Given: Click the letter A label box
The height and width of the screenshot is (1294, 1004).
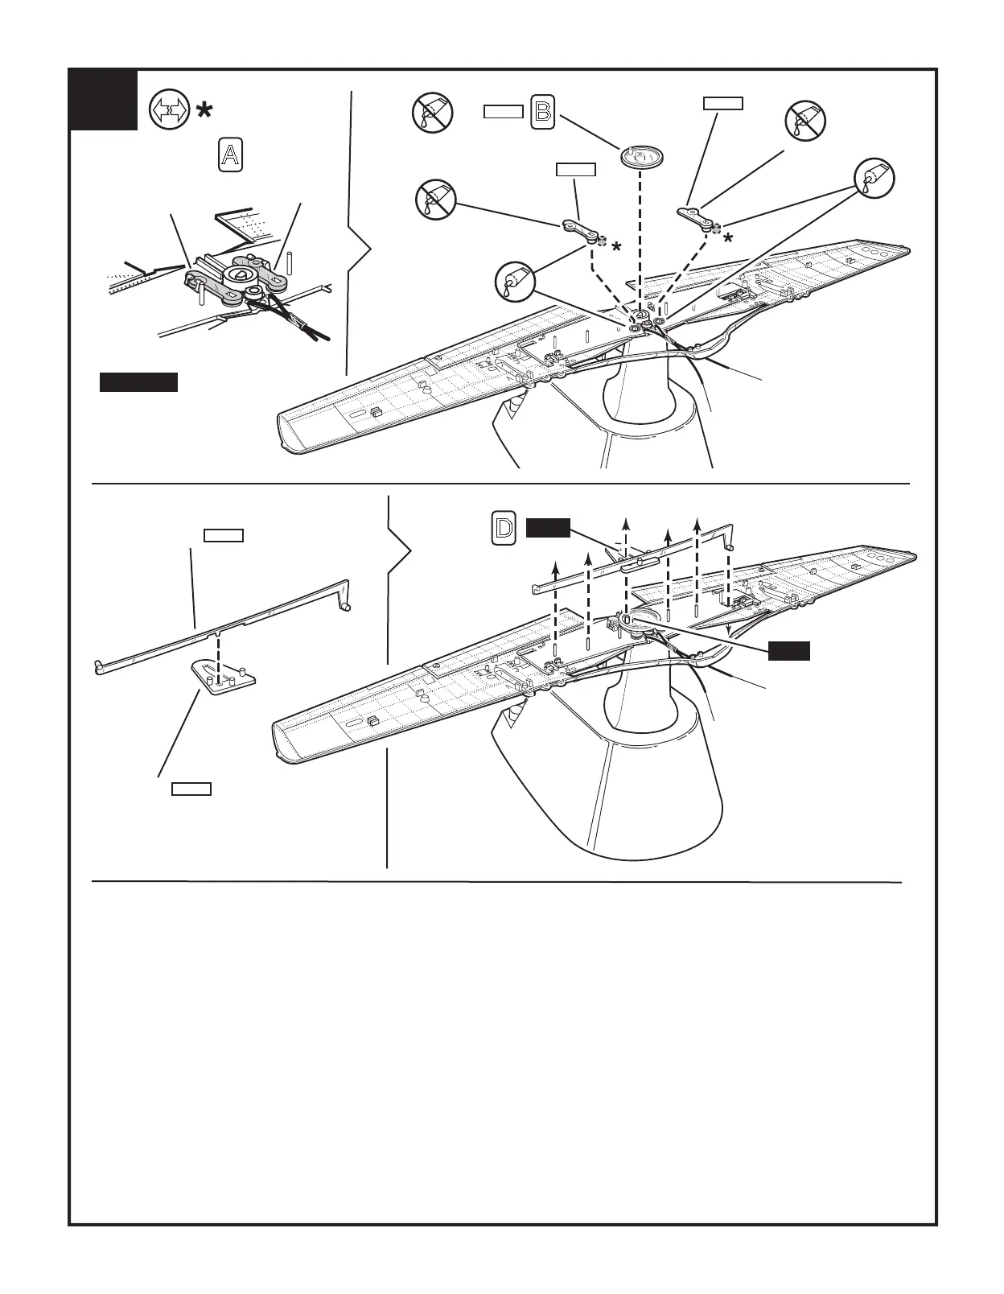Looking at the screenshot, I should (x=230, y=155).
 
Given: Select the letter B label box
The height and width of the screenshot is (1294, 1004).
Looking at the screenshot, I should (x=543, y=112).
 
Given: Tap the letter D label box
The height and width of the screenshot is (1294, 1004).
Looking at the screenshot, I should (x=504, y=529).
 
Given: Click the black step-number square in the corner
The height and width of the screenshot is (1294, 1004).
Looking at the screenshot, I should (x=103, y=100).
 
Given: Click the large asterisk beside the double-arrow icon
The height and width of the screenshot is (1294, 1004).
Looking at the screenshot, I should (x=204, y=111).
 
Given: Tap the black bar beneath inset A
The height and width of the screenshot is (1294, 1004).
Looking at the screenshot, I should (x=138, y=382).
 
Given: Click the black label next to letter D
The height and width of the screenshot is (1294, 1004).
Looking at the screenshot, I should (x=548, y=528).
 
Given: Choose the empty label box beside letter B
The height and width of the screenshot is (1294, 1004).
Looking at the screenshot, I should (x=504, y=112).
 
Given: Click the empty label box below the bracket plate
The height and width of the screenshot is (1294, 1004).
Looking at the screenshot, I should (x=191, y=789).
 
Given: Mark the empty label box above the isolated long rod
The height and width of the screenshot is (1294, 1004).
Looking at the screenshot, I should (x=224, y=535).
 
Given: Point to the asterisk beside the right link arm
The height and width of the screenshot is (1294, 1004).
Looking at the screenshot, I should (x=728, y=238).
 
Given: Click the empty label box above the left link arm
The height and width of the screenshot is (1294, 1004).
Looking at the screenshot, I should (x=576, y=169).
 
